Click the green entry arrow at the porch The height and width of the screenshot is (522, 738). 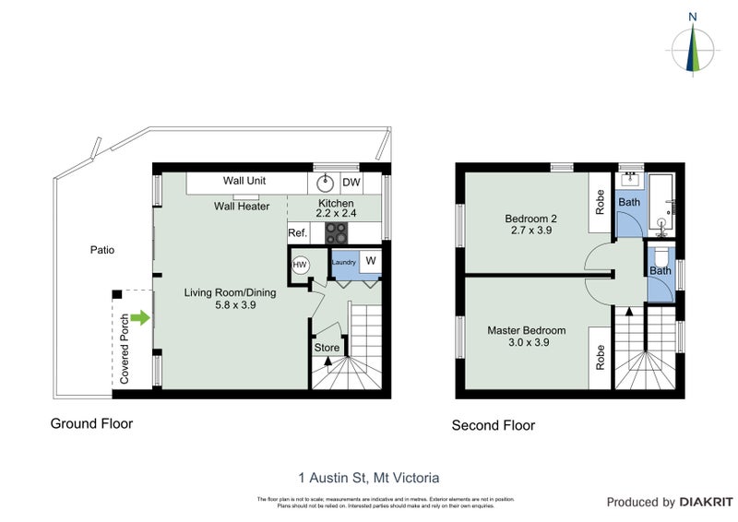pos(139,319)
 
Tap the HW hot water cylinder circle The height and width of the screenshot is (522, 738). pos(300,265)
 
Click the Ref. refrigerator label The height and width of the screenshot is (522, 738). pos(298,233)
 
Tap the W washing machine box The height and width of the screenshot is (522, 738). pos(371,260)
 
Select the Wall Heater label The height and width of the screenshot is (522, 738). pos(242,207)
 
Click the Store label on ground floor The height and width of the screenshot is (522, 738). pos(327,348)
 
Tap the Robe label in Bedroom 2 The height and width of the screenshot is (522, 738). pos(600,203)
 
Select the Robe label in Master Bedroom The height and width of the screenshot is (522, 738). pos(600,355)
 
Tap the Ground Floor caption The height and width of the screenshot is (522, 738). pos(90,424)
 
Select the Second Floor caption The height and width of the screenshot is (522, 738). pos(493,425)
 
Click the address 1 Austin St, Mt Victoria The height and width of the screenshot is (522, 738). pos(369,478)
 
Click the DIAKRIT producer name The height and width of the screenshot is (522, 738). pos(707,503)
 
